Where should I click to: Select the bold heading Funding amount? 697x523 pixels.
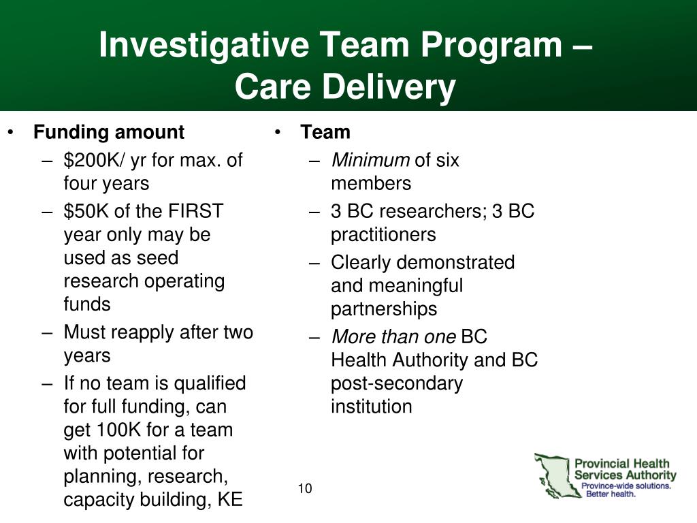point(109,132)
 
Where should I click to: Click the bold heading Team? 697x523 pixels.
point(325,132)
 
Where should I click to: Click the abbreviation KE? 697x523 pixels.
point(230,499)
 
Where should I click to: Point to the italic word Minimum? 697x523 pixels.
point(370,160)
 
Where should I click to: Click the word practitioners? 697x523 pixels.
point(383,235)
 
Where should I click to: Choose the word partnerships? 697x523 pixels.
point(384,309)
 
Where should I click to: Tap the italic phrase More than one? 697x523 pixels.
point(394,336)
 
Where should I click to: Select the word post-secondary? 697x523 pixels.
point(397,383)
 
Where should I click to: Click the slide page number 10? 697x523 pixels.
point(305,488)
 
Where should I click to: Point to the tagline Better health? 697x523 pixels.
point(611,494)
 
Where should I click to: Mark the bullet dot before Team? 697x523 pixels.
point(278,132)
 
